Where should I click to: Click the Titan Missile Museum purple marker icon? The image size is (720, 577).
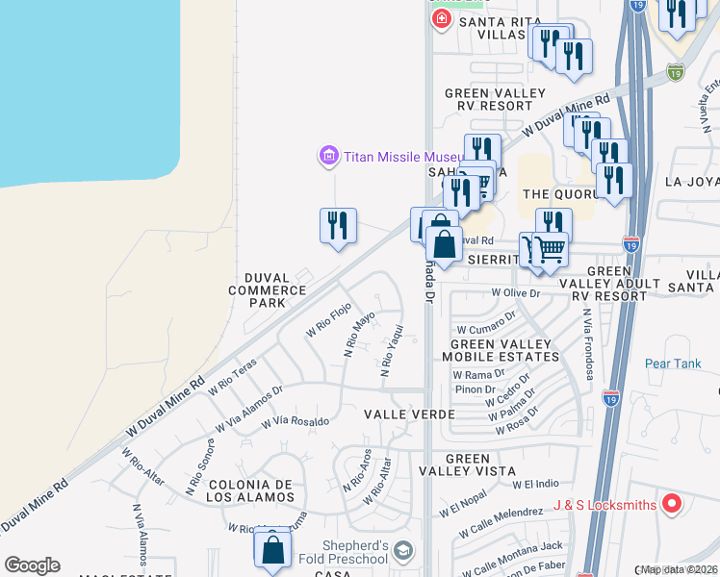click(329, 156)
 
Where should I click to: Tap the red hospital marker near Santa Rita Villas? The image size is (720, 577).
click(442, 19)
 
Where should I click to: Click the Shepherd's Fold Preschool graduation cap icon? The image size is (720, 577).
click(403, 551)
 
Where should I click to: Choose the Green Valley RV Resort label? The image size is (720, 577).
click(495, 100)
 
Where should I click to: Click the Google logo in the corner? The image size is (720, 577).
click(32, 565)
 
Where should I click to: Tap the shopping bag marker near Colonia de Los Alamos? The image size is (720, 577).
click(272, 549)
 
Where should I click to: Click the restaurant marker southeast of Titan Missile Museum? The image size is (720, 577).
click(338, 226)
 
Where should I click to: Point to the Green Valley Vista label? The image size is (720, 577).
click(468, 465)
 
